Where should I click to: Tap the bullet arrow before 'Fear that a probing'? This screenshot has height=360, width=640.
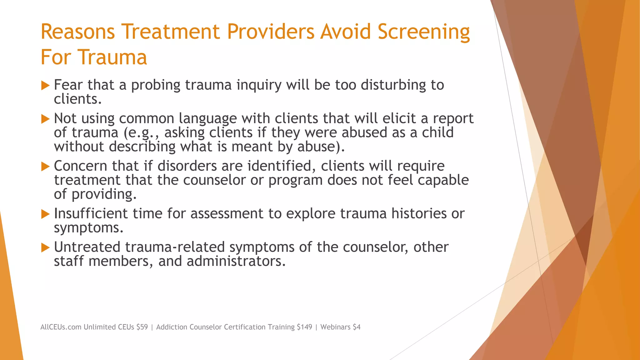45,85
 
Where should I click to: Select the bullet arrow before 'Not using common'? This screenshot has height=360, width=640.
45,119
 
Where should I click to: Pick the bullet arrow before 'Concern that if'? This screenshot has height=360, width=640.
45,166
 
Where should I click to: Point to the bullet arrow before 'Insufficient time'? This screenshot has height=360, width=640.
45,214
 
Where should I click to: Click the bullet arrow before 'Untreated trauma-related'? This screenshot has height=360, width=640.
45,247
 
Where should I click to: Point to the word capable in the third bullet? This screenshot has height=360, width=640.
443,180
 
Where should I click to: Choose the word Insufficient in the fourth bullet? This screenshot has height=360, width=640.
91,214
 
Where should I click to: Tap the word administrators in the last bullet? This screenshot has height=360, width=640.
236,261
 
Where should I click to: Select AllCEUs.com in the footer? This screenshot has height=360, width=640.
61,327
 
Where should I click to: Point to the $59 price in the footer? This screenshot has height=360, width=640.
142,327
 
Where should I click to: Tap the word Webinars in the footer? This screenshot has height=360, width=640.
335,327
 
